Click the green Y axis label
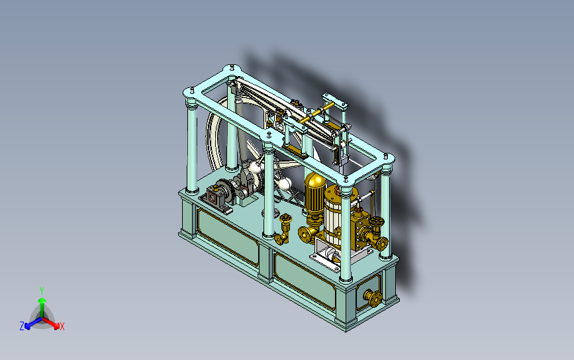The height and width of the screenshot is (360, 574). [42, 291]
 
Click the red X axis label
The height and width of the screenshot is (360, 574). [62, 326]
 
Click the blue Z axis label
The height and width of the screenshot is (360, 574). [22, 326]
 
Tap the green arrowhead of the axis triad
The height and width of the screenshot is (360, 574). [42, 301]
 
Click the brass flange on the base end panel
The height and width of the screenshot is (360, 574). [373, 298]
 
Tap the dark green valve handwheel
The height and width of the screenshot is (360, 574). [376, 222]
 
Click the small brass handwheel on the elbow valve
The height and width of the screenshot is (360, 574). [285, 219]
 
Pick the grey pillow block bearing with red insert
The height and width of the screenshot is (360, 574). [214, 199]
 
